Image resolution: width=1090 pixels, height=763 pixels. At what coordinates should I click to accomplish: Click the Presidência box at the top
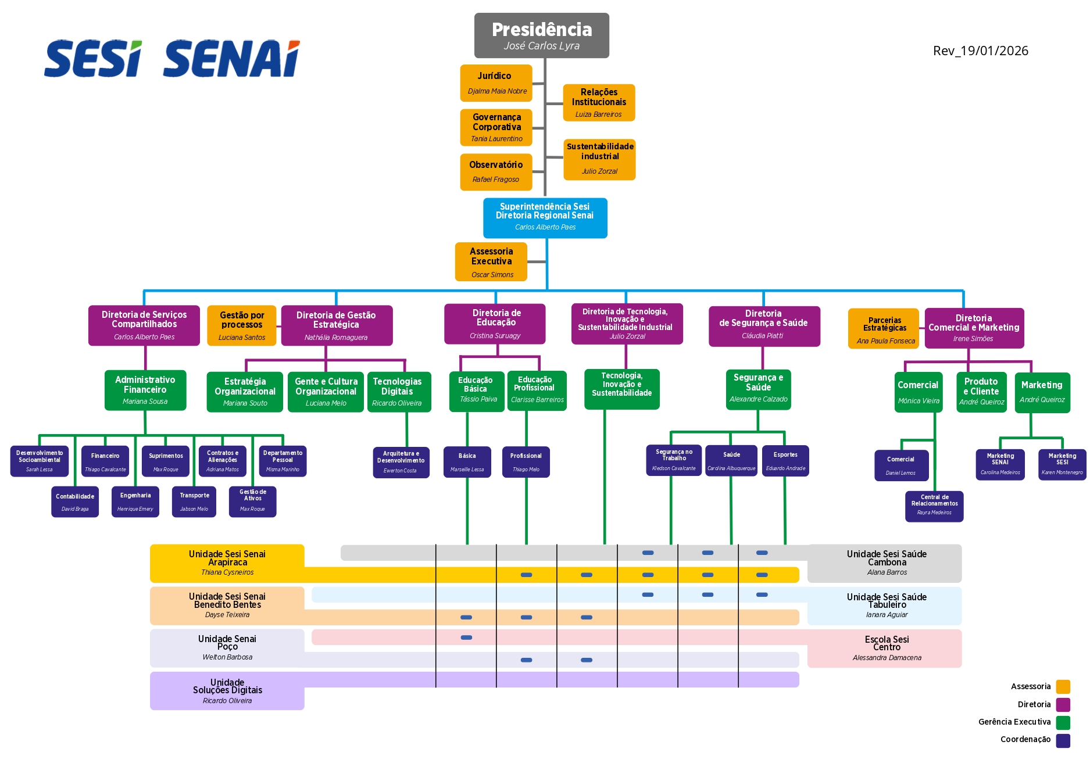click(541, 35)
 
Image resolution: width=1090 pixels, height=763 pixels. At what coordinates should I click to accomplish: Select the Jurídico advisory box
click(496, 83)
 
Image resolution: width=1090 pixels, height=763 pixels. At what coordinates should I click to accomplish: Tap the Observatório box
click(496, 171)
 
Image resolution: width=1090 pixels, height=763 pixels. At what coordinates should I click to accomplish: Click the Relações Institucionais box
click(599, 103)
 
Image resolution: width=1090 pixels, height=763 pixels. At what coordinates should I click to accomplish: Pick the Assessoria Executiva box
click(491, 262)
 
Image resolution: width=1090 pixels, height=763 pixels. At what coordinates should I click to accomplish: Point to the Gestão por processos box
click(242, 325)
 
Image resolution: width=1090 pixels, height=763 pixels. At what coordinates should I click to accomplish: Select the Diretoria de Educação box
click(495, 324)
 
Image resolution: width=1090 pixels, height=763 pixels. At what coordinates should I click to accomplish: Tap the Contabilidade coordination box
click(75, 502)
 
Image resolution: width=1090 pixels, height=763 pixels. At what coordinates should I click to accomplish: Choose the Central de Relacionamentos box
click(934, 506)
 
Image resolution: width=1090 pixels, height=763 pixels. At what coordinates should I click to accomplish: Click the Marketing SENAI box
click(1000, 464)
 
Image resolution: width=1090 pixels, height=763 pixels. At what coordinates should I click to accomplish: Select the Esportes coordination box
click(785, 461)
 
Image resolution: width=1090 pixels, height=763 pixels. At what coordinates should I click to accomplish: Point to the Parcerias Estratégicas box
click(884, 329)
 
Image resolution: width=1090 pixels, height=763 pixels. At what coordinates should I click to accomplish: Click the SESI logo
click(93, 59)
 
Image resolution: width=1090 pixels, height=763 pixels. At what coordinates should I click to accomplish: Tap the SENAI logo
click(231, 59)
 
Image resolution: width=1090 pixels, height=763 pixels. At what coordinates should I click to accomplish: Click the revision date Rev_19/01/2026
click(980, 51)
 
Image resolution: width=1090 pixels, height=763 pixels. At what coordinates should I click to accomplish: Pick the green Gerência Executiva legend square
click(1063, 722)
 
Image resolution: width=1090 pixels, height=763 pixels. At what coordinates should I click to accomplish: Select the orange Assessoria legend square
click(1063, 687)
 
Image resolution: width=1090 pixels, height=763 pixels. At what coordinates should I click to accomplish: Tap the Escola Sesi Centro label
click(887, 648)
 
